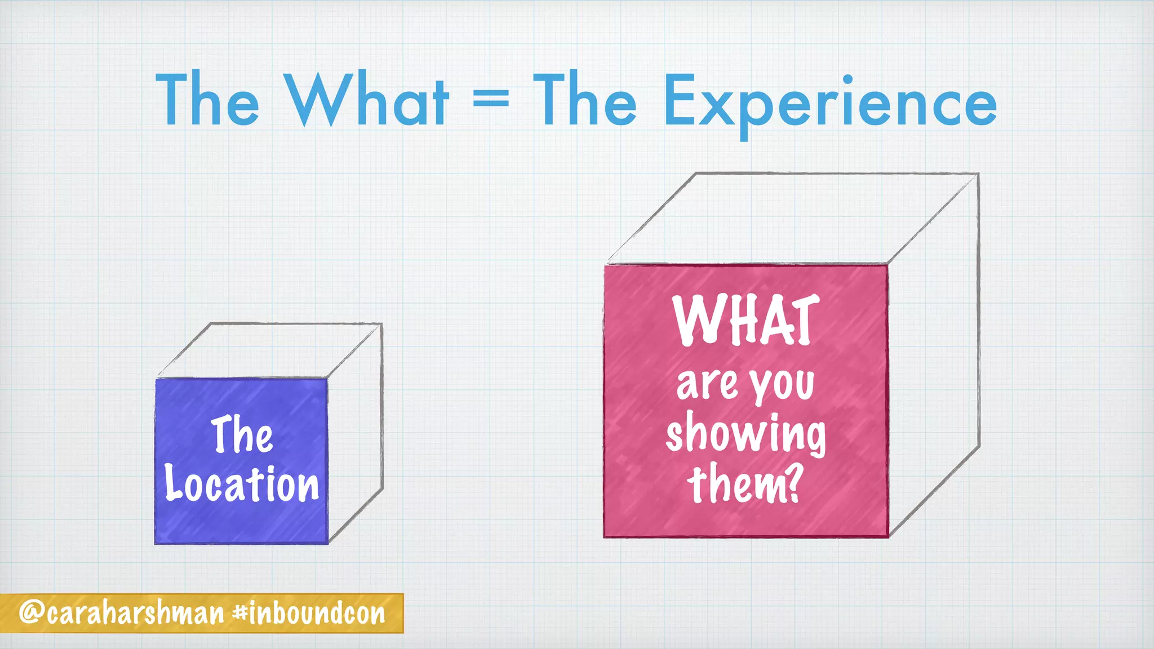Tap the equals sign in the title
pyautogui.click(x=491, y=100)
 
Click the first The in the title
pyautogui.click(x=207, y=100)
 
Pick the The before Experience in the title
pyautogui.click(x=584, y=100)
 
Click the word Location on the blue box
pyautogui.click(x=242, y=484)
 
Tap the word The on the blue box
pyautogui.click(x=242, y=434)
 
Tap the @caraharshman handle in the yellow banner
pyautogui.click(x=122, y=613)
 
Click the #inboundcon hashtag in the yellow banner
pyautogui.click(x=309, y=613)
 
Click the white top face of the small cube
pyautogui.click(x=269, y=350)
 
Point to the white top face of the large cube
pyautogui.click(x=792, y=218)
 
